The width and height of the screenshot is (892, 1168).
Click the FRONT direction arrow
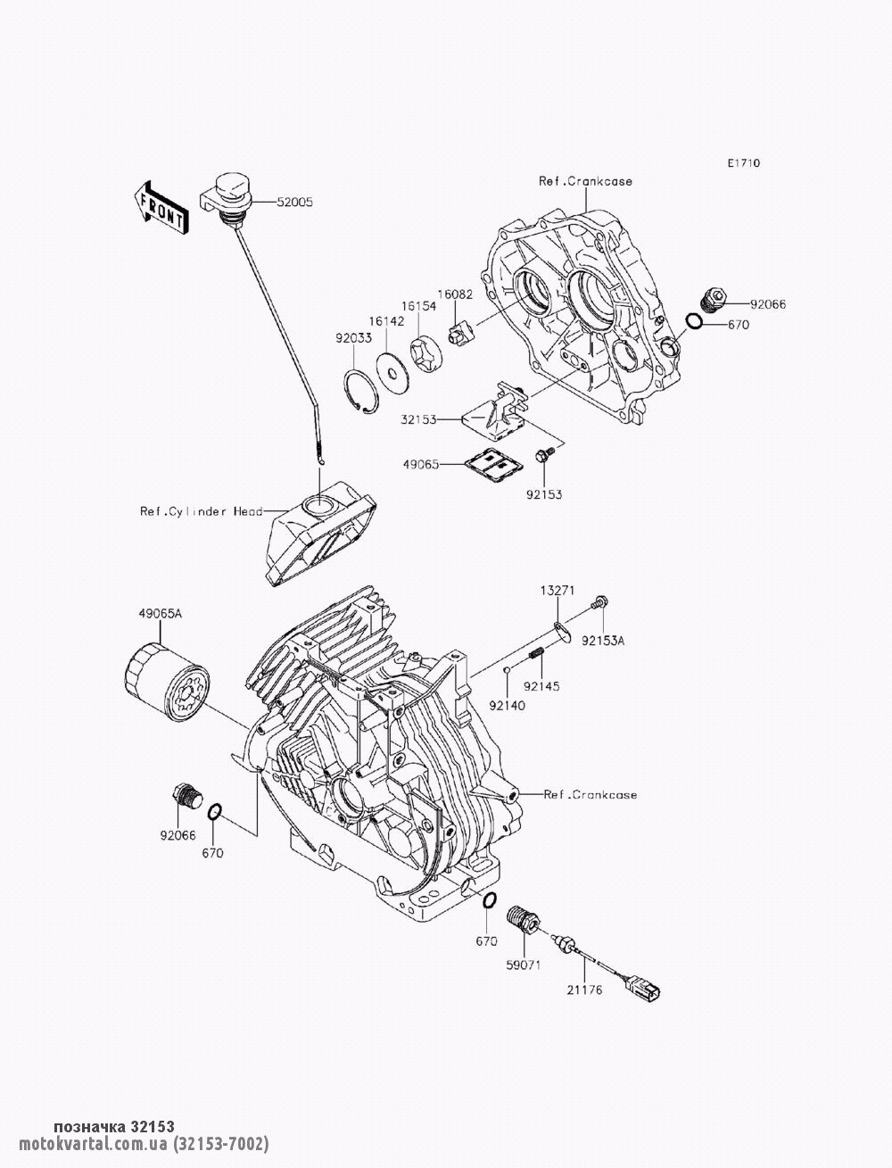[161, 208]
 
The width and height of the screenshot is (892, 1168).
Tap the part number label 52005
[294, 203]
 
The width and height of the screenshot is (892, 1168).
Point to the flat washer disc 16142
[393, 367]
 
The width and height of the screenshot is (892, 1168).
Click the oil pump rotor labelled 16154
[425, 352]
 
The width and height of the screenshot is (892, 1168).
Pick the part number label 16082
[455, 294]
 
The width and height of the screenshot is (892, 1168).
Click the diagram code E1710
[744, 163]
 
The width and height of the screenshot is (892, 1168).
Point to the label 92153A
[603, 642]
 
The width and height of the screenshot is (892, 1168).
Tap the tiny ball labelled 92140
[508, 669]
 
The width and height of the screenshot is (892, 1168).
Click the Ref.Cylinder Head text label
[202, 512]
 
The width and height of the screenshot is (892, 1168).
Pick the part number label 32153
[418, 420]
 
